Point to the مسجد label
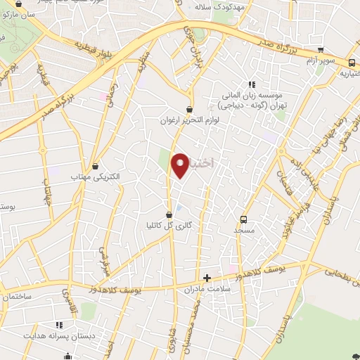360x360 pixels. click(243, 230)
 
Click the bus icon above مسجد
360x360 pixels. click(243, 219)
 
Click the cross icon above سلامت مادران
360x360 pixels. click(207, 278)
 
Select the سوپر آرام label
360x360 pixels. click(321, 61)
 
